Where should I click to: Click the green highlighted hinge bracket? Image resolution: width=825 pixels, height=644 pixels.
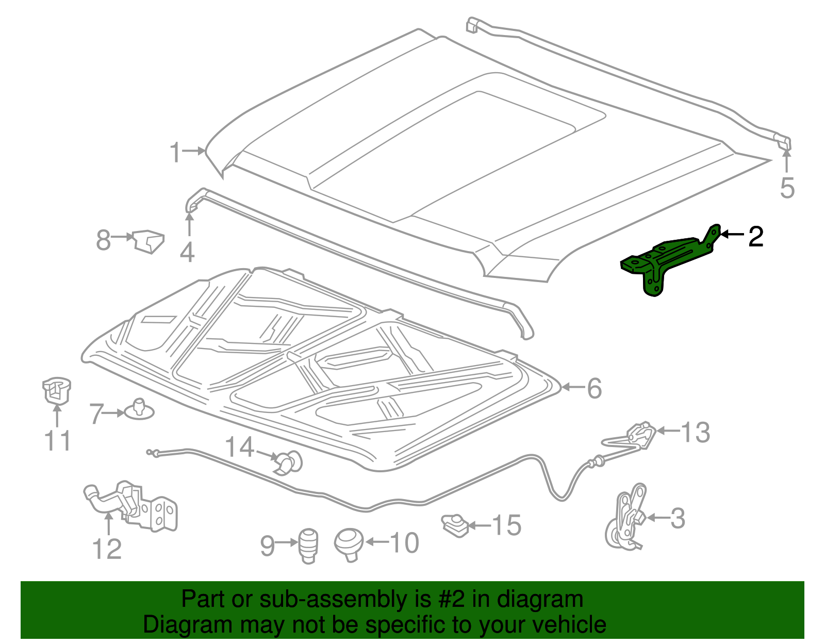pos(665,260)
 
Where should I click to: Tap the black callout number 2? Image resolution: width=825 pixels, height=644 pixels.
pos(755,236)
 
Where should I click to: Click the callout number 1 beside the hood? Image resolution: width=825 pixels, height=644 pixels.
pos(176,153)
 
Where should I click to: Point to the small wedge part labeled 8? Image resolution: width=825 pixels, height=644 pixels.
pos(148,241)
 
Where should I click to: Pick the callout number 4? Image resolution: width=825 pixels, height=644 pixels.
pos(187,252)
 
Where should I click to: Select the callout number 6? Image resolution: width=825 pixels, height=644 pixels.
pos(594,388)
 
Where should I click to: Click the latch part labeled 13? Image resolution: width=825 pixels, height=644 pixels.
pos(641,435)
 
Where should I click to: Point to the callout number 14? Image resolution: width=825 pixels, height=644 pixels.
pos(240,448)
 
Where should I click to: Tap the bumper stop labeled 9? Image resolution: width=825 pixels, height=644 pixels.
pos(308,546)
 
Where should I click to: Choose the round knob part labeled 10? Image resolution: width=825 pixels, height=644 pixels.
pos(349,544)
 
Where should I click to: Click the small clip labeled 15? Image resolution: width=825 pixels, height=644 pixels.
pos(454,525)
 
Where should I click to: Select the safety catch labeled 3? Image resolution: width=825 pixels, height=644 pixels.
pos(626,518)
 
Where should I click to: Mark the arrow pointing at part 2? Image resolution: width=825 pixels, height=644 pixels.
pos(732,235)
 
